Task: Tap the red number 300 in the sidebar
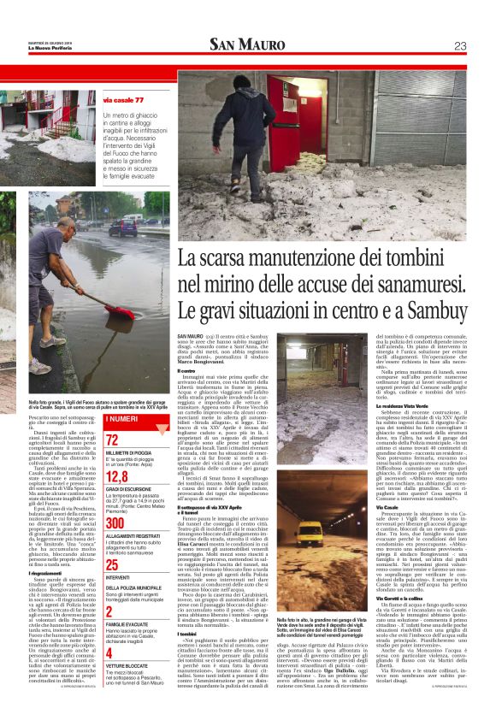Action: (x=115, y=522)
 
